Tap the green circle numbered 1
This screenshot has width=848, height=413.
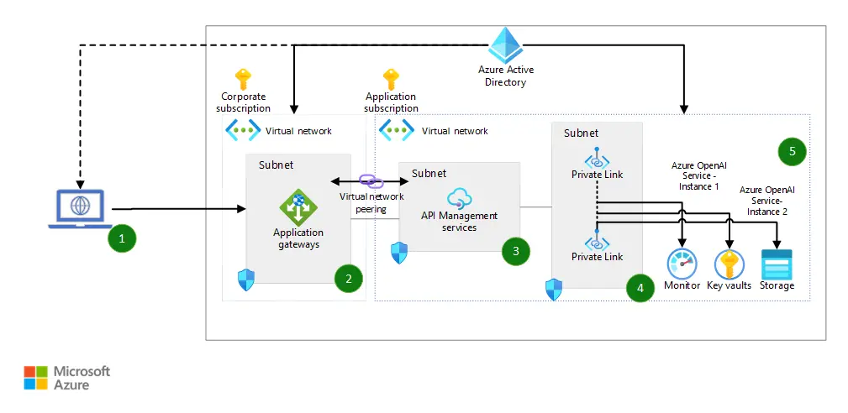click(122, 238)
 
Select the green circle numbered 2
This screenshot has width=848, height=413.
click(348, 278)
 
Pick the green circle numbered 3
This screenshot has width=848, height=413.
click(515, 250)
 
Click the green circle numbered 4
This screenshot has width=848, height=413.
click(640, 288)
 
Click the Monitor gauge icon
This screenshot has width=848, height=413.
click(682, 264)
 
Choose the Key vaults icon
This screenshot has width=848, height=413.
click(728, 264)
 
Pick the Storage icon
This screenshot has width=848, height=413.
click(777, 264)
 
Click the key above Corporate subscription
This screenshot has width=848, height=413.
click(243, 80)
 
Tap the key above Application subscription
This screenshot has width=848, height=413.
click(391, 80)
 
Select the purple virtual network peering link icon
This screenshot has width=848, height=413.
click(371, 181)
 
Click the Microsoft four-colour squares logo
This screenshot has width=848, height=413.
click(36, 378)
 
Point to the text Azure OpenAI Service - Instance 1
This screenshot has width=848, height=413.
click(695, 175)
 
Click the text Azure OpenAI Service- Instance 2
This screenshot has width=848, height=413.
click(766, 201)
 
